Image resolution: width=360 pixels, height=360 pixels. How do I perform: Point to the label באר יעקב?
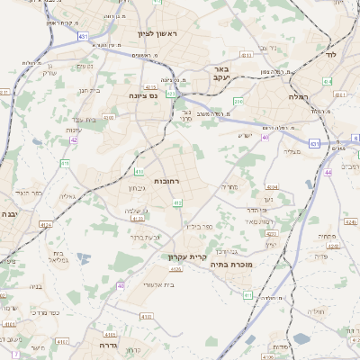click(219, 73)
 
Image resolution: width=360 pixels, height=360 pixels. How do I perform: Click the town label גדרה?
click(109, 344)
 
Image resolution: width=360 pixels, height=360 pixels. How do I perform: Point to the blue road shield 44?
click(328, 171)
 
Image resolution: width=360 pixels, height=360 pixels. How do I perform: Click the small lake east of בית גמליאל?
click(84, 258)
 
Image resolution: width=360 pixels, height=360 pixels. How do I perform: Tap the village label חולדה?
click(315, 311)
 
